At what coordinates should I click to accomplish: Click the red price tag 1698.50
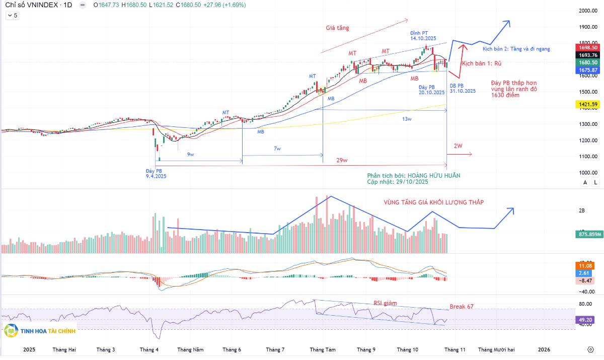pos(588,47)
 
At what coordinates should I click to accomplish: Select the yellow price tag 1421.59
pos(588,104)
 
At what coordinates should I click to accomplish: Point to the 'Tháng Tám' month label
pos(323,349)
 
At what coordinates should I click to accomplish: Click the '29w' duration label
pos(342,160)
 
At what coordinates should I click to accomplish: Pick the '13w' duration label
pos(407,119)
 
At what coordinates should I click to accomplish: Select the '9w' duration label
pos(191,155)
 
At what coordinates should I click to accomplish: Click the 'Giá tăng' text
pos(337,28)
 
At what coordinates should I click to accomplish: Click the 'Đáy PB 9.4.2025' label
pos(156,174)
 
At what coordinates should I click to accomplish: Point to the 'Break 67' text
pos(462,306)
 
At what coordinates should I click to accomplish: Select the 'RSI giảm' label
pos(385,303)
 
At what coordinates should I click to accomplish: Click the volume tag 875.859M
pos(588,234)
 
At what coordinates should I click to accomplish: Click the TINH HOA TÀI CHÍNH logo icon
pos(11,331)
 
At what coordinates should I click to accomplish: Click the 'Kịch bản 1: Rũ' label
pos(482,63)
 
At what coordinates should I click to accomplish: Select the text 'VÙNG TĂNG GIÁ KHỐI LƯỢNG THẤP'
pos(433,202)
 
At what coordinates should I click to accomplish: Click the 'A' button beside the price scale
pos(585,182)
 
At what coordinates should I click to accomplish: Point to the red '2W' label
pos(458,146)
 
